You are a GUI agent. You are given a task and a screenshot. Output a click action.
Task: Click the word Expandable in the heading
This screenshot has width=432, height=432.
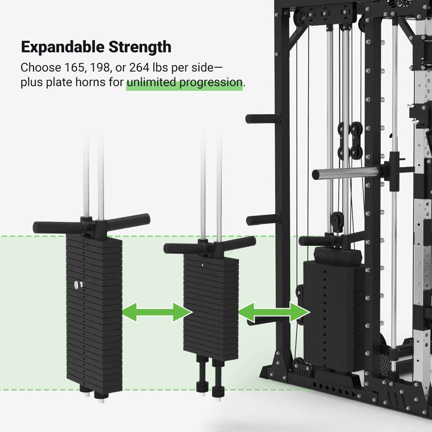click(x=63, y=47)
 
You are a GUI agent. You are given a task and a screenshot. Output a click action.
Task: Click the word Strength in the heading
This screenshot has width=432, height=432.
click(x=140, y=47)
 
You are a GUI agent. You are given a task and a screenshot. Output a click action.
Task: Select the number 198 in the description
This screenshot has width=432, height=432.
click(x=99, y=67)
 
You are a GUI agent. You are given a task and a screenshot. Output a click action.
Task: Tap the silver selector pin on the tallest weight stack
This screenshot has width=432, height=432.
click(x=77, y=285)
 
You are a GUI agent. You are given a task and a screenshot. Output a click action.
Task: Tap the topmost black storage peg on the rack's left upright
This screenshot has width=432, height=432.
click(x=262, y=119)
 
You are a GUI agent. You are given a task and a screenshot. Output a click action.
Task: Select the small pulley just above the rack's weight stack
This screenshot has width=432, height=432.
click(x=337, y=221)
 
